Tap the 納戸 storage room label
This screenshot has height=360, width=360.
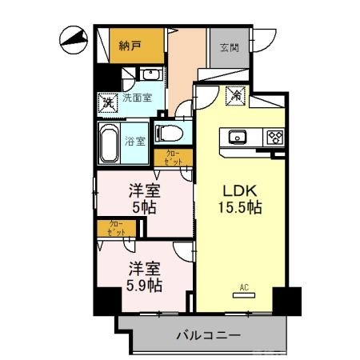coord(130,46)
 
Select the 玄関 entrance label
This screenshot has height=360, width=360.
coord(229,46)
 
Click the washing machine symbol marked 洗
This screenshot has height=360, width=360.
coord(106,102)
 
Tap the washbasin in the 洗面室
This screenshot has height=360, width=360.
coord(150,75)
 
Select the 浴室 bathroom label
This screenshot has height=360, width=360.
coord(135,142)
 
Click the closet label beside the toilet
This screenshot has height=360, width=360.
coord(174,158)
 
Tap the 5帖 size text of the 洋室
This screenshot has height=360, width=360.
coord(144,207)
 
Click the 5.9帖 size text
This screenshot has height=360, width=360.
coord(143,285)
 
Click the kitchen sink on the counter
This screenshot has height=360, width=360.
coord(239,136)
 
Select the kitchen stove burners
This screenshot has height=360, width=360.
coord(274,136)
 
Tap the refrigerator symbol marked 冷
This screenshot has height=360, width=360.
coord(238,95)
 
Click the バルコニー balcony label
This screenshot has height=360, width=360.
coord(207,335)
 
